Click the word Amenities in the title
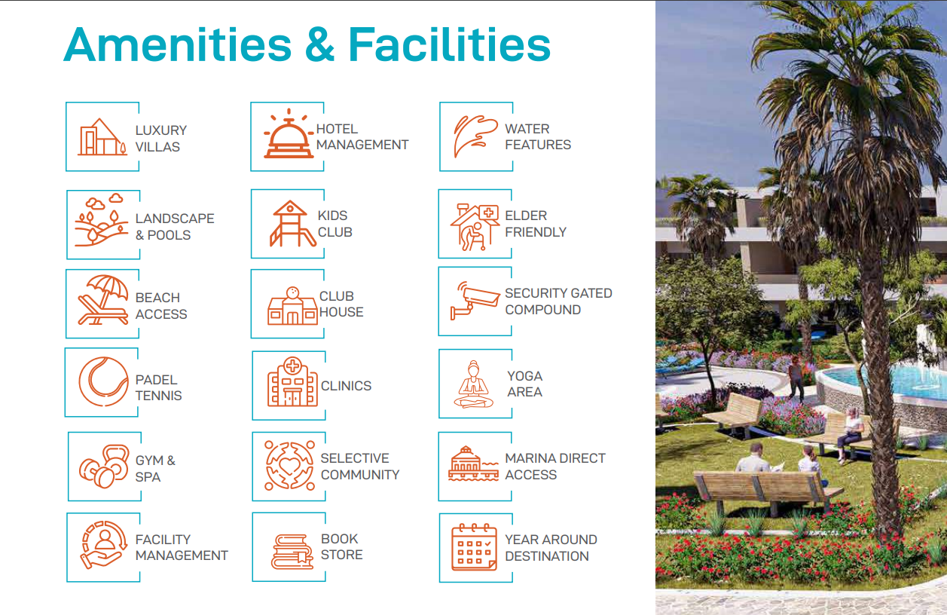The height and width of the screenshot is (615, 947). (x=178, y=44)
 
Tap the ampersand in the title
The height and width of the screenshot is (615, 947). (x=319, y=44)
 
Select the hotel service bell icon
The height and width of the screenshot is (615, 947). (x=289, y=133)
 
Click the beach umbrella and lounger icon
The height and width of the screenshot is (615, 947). (x=103, y=300)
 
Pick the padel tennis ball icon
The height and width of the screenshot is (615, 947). (x=103, y=381)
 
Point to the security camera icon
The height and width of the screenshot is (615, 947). (x=475, y=301)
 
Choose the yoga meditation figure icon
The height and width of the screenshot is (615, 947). (x=473, y=384)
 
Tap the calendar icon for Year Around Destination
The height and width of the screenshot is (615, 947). (x=474, y=547)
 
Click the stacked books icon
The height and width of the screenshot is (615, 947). (x=292, y=552)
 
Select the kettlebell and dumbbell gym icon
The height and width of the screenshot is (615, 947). (x=105, y=466)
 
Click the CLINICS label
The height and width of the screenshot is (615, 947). (x=346, y=386)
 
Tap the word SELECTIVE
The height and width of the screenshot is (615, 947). (x=355, y=458)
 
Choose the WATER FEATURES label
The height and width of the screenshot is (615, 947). (x=538, y=136)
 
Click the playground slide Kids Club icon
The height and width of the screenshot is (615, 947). (x=292, y=223)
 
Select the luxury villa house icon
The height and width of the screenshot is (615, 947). (x=102, y=136)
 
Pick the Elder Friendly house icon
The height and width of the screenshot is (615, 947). (x=475, y=227)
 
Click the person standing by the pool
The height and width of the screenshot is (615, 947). (x=796, y=378)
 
